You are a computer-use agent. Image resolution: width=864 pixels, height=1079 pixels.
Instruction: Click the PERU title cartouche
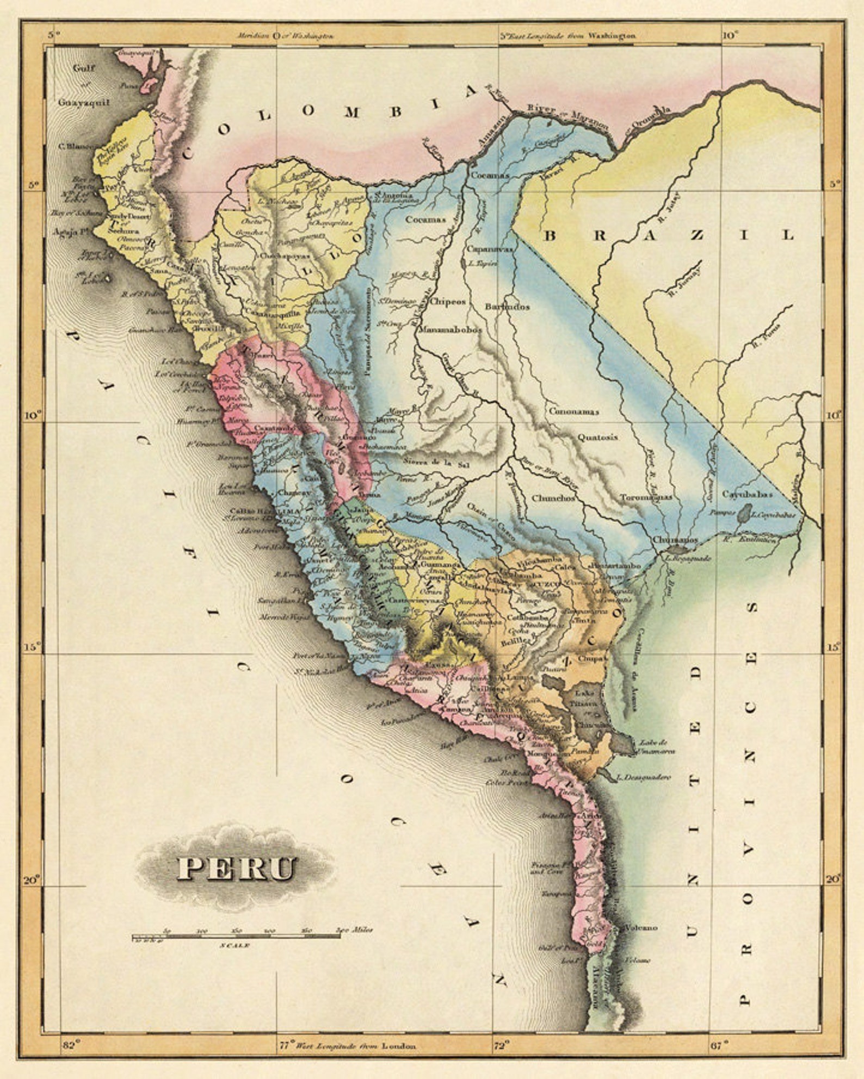tap(237, 868)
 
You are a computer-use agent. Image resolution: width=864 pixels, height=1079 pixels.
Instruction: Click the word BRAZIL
tap(669, 235)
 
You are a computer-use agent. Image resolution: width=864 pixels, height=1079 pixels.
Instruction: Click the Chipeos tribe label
tap(448, 302)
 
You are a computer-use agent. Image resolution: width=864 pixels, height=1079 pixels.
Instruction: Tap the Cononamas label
tap(573, 411)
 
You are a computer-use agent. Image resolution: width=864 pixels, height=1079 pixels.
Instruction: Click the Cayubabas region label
tap(747, 494)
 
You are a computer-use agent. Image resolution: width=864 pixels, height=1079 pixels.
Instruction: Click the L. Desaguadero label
tap(644, 777)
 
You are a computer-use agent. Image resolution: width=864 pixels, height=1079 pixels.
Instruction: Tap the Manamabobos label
tap(450, 329)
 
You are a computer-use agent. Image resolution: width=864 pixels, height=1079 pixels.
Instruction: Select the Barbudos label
tap(507, 306)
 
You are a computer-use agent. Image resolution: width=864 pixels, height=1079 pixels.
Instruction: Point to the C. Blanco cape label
tap(76, 146)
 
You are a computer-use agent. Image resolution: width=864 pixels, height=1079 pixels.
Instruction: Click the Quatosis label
tap(597, 436)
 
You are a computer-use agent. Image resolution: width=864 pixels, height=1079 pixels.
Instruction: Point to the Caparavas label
tap(490, 249)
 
